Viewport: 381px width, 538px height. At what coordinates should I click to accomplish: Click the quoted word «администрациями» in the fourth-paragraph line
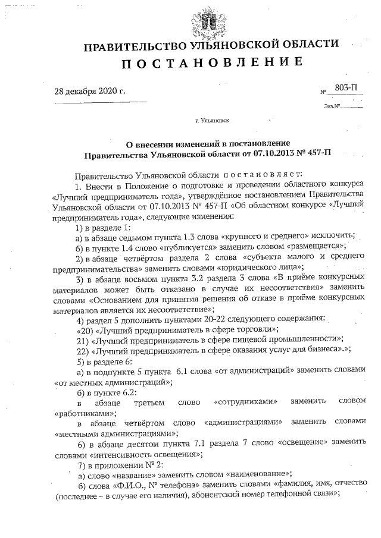pyautogui.click(x=242, y=423)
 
